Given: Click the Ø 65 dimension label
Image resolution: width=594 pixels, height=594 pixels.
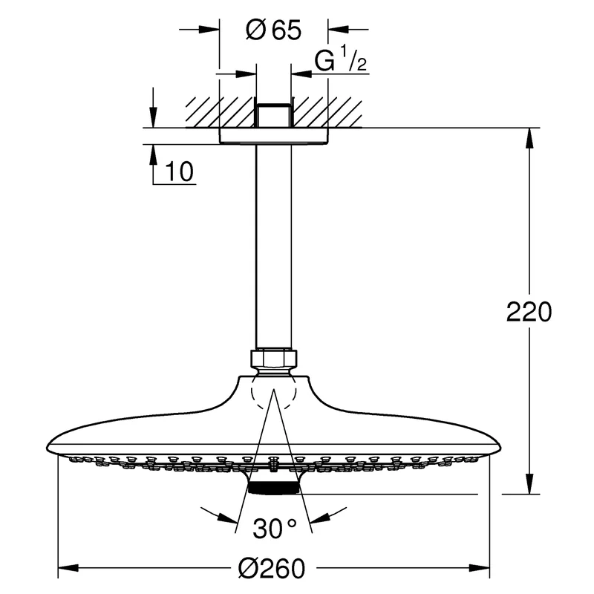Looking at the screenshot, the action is (x=273, y=30).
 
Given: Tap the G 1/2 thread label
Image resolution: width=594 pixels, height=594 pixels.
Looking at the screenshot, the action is (x=341, y=59).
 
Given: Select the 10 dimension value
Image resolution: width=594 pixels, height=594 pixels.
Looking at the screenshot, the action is (x=179, y=172).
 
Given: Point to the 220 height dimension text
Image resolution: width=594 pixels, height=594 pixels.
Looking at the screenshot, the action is (x=529, y=312).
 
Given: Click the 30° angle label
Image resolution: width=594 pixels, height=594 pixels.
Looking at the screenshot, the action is (x=274, y=529).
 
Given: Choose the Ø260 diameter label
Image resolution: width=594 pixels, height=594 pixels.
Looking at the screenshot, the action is (x=272, y=568).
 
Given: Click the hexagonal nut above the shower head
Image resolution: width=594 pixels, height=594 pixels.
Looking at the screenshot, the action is (x=274, y=358).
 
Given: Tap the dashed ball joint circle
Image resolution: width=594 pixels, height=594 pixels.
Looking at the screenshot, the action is (x=274, y=392).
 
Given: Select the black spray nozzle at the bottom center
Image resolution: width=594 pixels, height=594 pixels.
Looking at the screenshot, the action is (x=273, y=488).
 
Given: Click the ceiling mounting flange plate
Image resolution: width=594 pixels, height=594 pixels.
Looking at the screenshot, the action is (x=274, y=136).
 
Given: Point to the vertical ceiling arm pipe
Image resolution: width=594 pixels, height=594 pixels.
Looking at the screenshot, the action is (x=274, y=247).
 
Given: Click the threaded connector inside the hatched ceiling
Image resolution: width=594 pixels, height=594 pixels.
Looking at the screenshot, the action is (x=274, y=116).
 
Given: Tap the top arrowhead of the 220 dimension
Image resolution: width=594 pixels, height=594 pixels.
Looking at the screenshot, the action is (x=529, y=138).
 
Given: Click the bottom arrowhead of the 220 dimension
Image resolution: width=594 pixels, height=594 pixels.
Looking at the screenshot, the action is (x=529, y=484).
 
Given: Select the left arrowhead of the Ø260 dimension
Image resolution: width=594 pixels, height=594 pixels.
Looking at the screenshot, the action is (x=68, y=568).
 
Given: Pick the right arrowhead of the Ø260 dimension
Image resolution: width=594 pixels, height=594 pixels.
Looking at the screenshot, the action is (x=479, y=568).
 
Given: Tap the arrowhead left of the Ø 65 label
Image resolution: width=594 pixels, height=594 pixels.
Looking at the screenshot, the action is (x=209, y=29).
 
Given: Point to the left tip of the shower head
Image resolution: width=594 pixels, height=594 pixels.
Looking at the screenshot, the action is (x=47, y=446).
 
